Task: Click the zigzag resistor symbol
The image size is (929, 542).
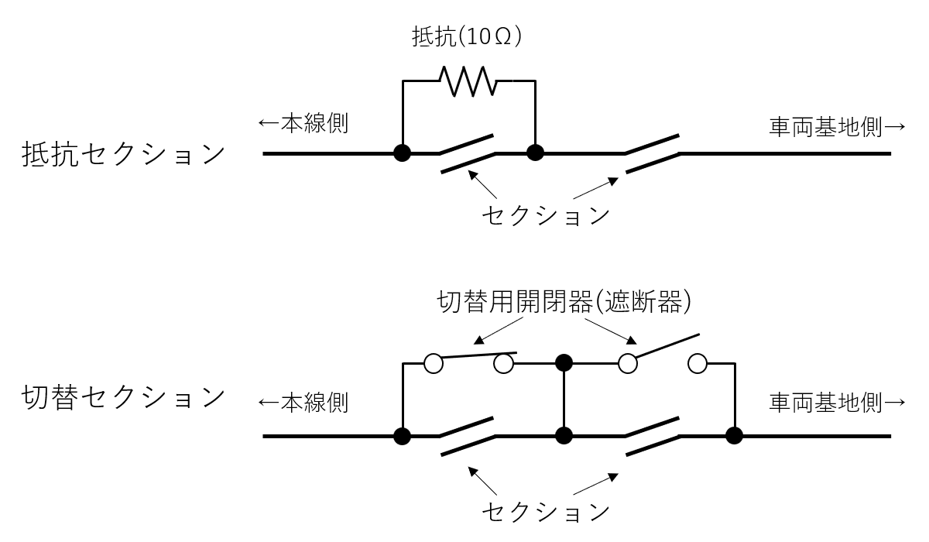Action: coord(468,80)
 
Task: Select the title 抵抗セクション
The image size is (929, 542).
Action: coord(122,154)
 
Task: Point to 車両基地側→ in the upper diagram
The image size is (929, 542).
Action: coord(836,126)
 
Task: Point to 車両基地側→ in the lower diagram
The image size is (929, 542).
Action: coord(836,403)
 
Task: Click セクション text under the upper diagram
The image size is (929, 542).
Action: coord(546,214)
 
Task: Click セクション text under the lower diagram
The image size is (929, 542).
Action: coord(546,511)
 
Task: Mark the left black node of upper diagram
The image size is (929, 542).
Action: coord(402,153)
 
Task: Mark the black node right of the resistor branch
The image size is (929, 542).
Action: coord(535,153)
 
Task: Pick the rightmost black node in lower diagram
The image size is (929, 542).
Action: coord(732,436)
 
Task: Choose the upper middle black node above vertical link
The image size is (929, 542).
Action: coord(564,362)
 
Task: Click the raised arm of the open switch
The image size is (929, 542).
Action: coord(666,346)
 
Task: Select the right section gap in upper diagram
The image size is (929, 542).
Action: coord(653,153)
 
